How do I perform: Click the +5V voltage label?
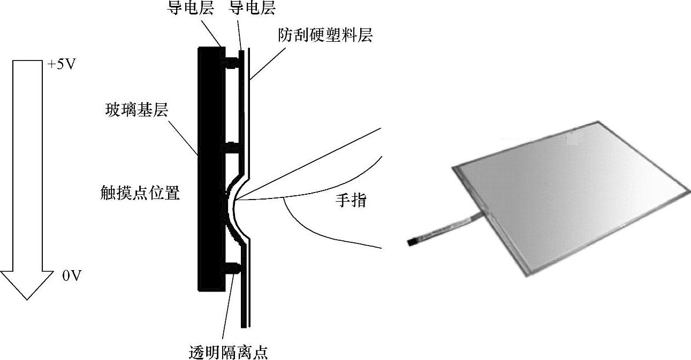(x=62, y=64)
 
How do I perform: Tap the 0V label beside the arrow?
(x=72, y=275)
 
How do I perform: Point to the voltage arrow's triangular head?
(x=27, y=285)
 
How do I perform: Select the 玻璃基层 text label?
(x=136, y=110)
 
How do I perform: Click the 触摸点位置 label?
(x=140, y=193)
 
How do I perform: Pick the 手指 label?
(x=351, y=201)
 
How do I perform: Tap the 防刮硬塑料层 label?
(x=325, y=35)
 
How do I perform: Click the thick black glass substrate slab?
(x=211, y=169)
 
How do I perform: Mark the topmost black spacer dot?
(x=232, y=62)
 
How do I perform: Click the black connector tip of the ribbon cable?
(x=411, y=242)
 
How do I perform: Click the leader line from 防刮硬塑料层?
(x=268, y=64)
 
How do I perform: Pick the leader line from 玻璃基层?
(x=183, y=137)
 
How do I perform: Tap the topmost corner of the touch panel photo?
(x=598, y=121)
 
